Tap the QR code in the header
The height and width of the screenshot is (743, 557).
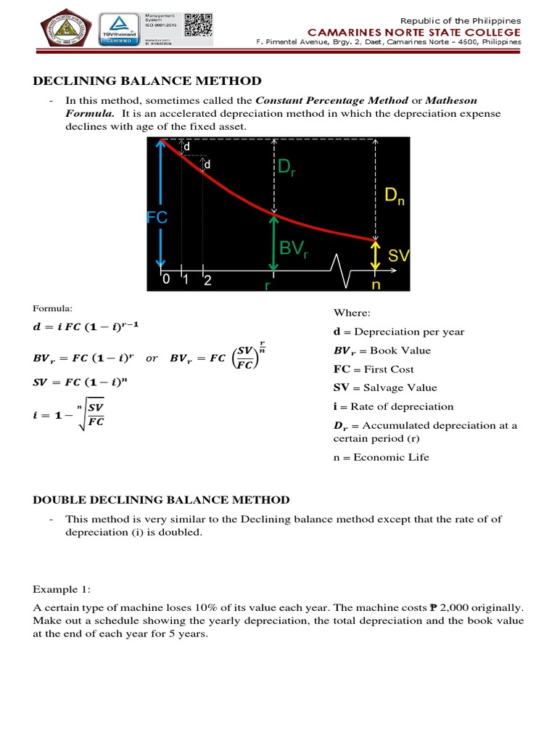click(198, 25)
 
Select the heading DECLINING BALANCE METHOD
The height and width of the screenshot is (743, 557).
click(149, 81)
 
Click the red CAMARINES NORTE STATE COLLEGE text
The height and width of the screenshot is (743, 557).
click(414, 32)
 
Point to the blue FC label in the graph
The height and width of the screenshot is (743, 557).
click(157, 218)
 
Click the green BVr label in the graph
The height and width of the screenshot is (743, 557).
click(294, 249)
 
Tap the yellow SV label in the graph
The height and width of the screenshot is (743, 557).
click(399, 256)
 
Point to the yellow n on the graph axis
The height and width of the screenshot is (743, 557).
click(375, 285)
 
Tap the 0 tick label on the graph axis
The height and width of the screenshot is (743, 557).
click(165, 280)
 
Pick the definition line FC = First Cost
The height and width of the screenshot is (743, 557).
click(373, 369)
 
